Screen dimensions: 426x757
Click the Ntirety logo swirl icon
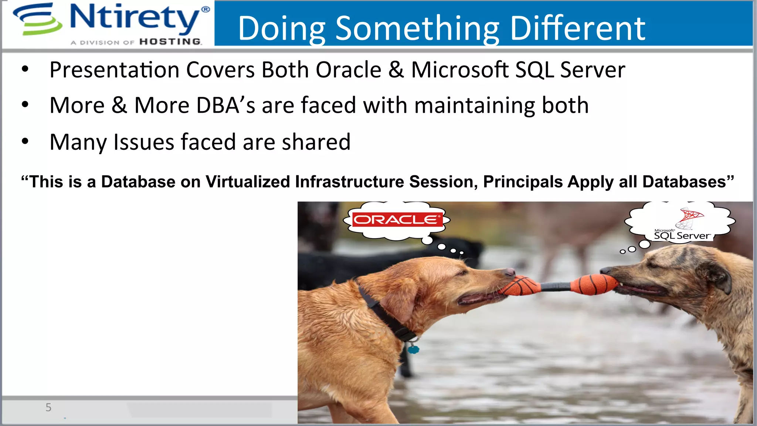click(x=37, y=19)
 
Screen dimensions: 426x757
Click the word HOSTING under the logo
click(x=170, y=42)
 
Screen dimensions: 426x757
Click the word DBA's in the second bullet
click(x=225, y=105)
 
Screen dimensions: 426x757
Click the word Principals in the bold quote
click(x=523, y=182)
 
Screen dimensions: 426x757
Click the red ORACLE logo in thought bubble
click(x=397, y=220)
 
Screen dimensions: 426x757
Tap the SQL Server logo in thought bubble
click(x=682, y=226)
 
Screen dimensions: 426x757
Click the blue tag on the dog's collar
click(x=413, y=348)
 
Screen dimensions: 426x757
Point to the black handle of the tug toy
click(x=554, y=287)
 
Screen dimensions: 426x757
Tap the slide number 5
click(x=48, y=408)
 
